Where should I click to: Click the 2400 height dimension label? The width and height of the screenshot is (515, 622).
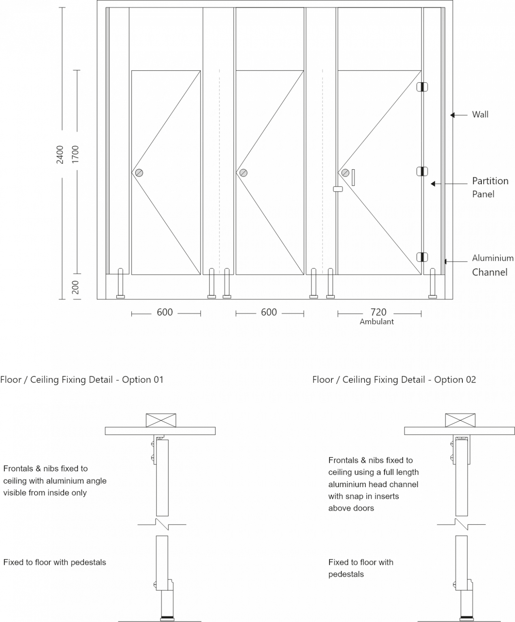click(60, 154)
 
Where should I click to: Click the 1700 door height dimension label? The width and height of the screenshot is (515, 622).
click(76, 154)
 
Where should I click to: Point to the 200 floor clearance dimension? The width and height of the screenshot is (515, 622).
click(76, 287)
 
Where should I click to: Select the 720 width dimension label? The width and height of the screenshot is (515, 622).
click(378, 312)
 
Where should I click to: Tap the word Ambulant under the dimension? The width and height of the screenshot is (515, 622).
click(377, 322)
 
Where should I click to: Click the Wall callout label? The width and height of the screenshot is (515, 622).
click(480, 115)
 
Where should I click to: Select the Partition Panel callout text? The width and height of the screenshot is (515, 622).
click(490, 187)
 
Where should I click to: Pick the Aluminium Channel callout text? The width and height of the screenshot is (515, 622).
click(492, 265)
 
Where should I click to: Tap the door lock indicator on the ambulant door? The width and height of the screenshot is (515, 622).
click(345, 173)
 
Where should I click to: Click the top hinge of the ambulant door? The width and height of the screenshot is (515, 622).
click(422, 87)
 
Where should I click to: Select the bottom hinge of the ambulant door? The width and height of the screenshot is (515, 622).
click(422, 257)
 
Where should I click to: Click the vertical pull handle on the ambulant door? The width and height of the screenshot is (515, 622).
click(353, 177)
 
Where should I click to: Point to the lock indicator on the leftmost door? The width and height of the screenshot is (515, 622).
click(139, 173)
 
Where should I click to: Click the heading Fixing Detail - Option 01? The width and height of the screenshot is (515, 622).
click(82, 380)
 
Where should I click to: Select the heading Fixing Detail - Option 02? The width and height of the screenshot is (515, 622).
click(394, 380)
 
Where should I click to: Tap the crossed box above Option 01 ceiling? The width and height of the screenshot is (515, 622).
click(161, 420)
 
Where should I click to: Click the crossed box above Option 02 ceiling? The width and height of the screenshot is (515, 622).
click(460, 420)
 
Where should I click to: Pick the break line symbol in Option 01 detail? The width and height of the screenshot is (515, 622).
click(162, 524)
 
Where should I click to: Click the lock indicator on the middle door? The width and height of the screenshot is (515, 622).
click(243, 173)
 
